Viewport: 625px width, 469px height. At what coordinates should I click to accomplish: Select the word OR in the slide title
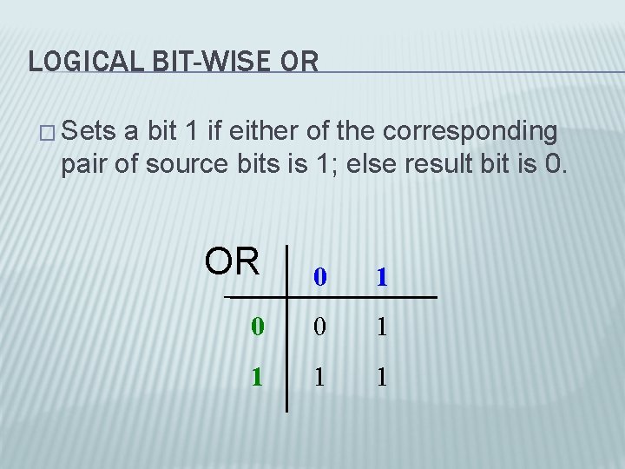point(299,61)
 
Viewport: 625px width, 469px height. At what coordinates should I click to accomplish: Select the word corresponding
point(470,133)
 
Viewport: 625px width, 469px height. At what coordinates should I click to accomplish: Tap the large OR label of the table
point(232,261)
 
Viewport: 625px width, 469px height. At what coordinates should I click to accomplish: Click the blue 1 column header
point(380,278)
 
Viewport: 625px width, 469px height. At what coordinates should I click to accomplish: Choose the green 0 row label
point(256,327)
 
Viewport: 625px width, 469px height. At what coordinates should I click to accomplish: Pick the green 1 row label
point(256,377)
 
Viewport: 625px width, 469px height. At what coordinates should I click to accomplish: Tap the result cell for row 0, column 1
point(380,327)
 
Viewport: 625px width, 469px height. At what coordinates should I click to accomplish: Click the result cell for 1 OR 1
point(380,377)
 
